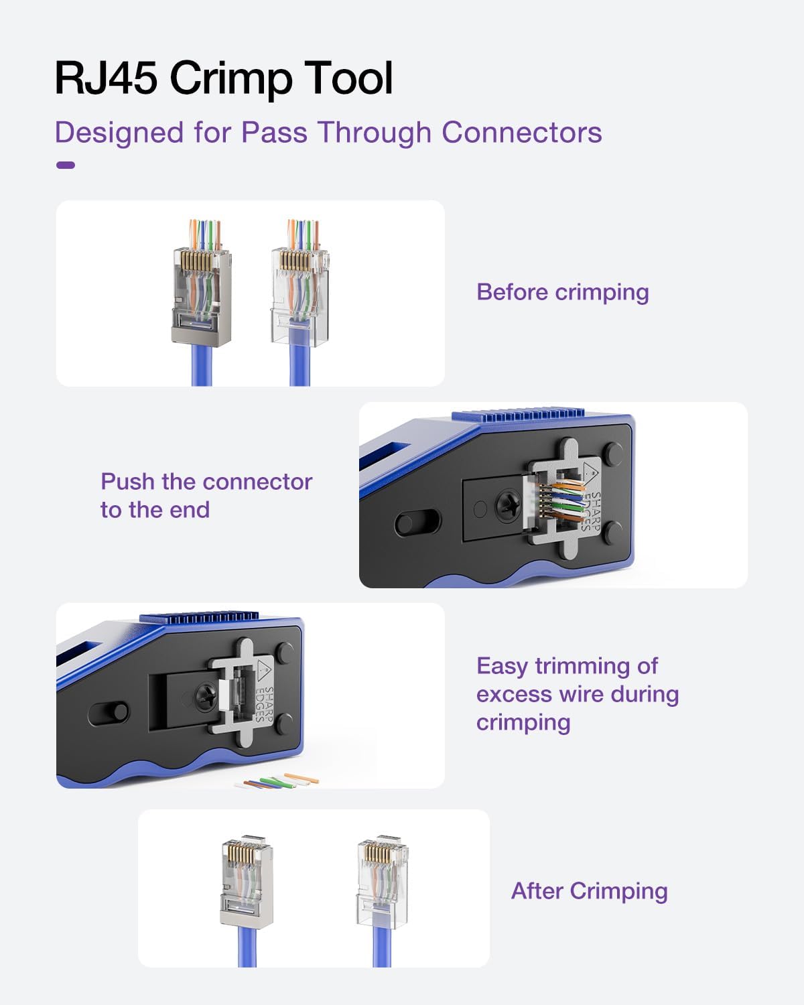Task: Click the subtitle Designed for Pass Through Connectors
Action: [328, 132]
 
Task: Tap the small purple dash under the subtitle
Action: [66, 165]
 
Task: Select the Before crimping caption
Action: [562, 292]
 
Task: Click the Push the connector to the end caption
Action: [206, 495]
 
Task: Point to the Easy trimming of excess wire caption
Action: [577, 693]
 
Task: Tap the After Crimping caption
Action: [589, 891]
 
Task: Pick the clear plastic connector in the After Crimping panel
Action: [382, 878]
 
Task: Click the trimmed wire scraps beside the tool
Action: [277, 781]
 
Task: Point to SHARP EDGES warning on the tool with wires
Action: [590, 499]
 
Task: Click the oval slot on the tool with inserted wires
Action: [417, 523]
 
